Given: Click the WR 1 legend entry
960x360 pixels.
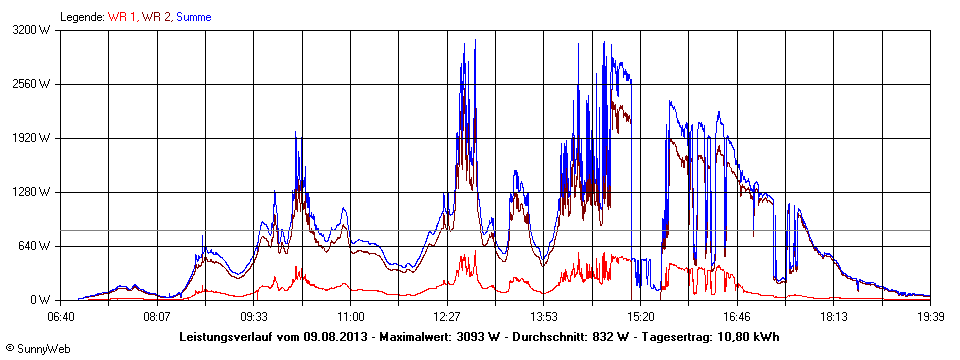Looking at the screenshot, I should pyautogui.click(x=122, y=17).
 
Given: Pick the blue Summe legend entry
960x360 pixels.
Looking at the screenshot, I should pyautogui.click(x=192, y=17).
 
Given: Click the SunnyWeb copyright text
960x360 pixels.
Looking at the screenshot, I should pyautogui.click(x=37, y=348).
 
